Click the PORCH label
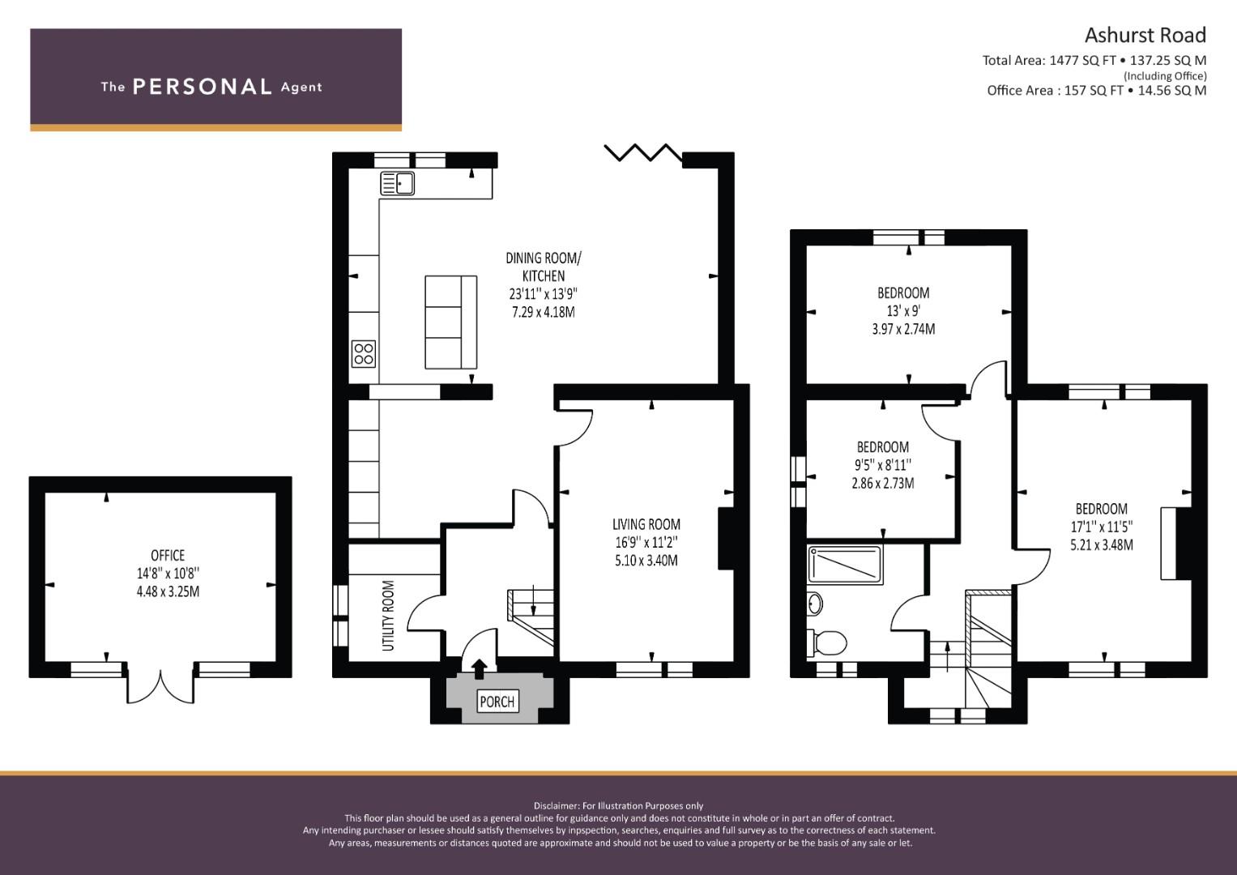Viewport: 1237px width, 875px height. [497, 702]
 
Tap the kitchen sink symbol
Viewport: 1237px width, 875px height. [397, 184]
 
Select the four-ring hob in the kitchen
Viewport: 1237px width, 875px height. [364, 353]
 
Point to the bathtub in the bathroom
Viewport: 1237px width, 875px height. [844, 563]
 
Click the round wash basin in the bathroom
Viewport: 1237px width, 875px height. [815, 604]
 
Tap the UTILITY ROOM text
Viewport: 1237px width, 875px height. [388, 615]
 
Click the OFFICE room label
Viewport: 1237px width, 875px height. [168, 556]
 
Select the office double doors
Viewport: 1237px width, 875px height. [160, 685]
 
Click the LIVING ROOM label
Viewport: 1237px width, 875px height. [646, 524]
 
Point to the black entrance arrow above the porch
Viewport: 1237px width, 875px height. [480, 668]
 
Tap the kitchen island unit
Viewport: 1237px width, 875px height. [451, 322]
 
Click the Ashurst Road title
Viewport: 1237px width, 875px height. [1145, 36]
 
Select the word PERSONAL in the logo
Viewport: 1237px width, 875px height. [202, 87]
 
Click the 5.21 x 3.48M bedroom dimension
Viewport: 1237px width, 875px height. [1101, 545]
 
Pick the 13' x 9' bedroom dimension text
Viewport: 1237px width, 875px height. [903, 311]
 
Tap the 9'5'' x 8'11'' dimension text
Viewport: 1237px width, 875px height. [883, 465]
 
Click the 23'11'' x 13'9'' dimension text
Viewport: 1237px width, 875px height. [543, 294]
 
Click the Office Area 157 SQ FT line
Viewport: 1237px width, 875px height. [1096, 91]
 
